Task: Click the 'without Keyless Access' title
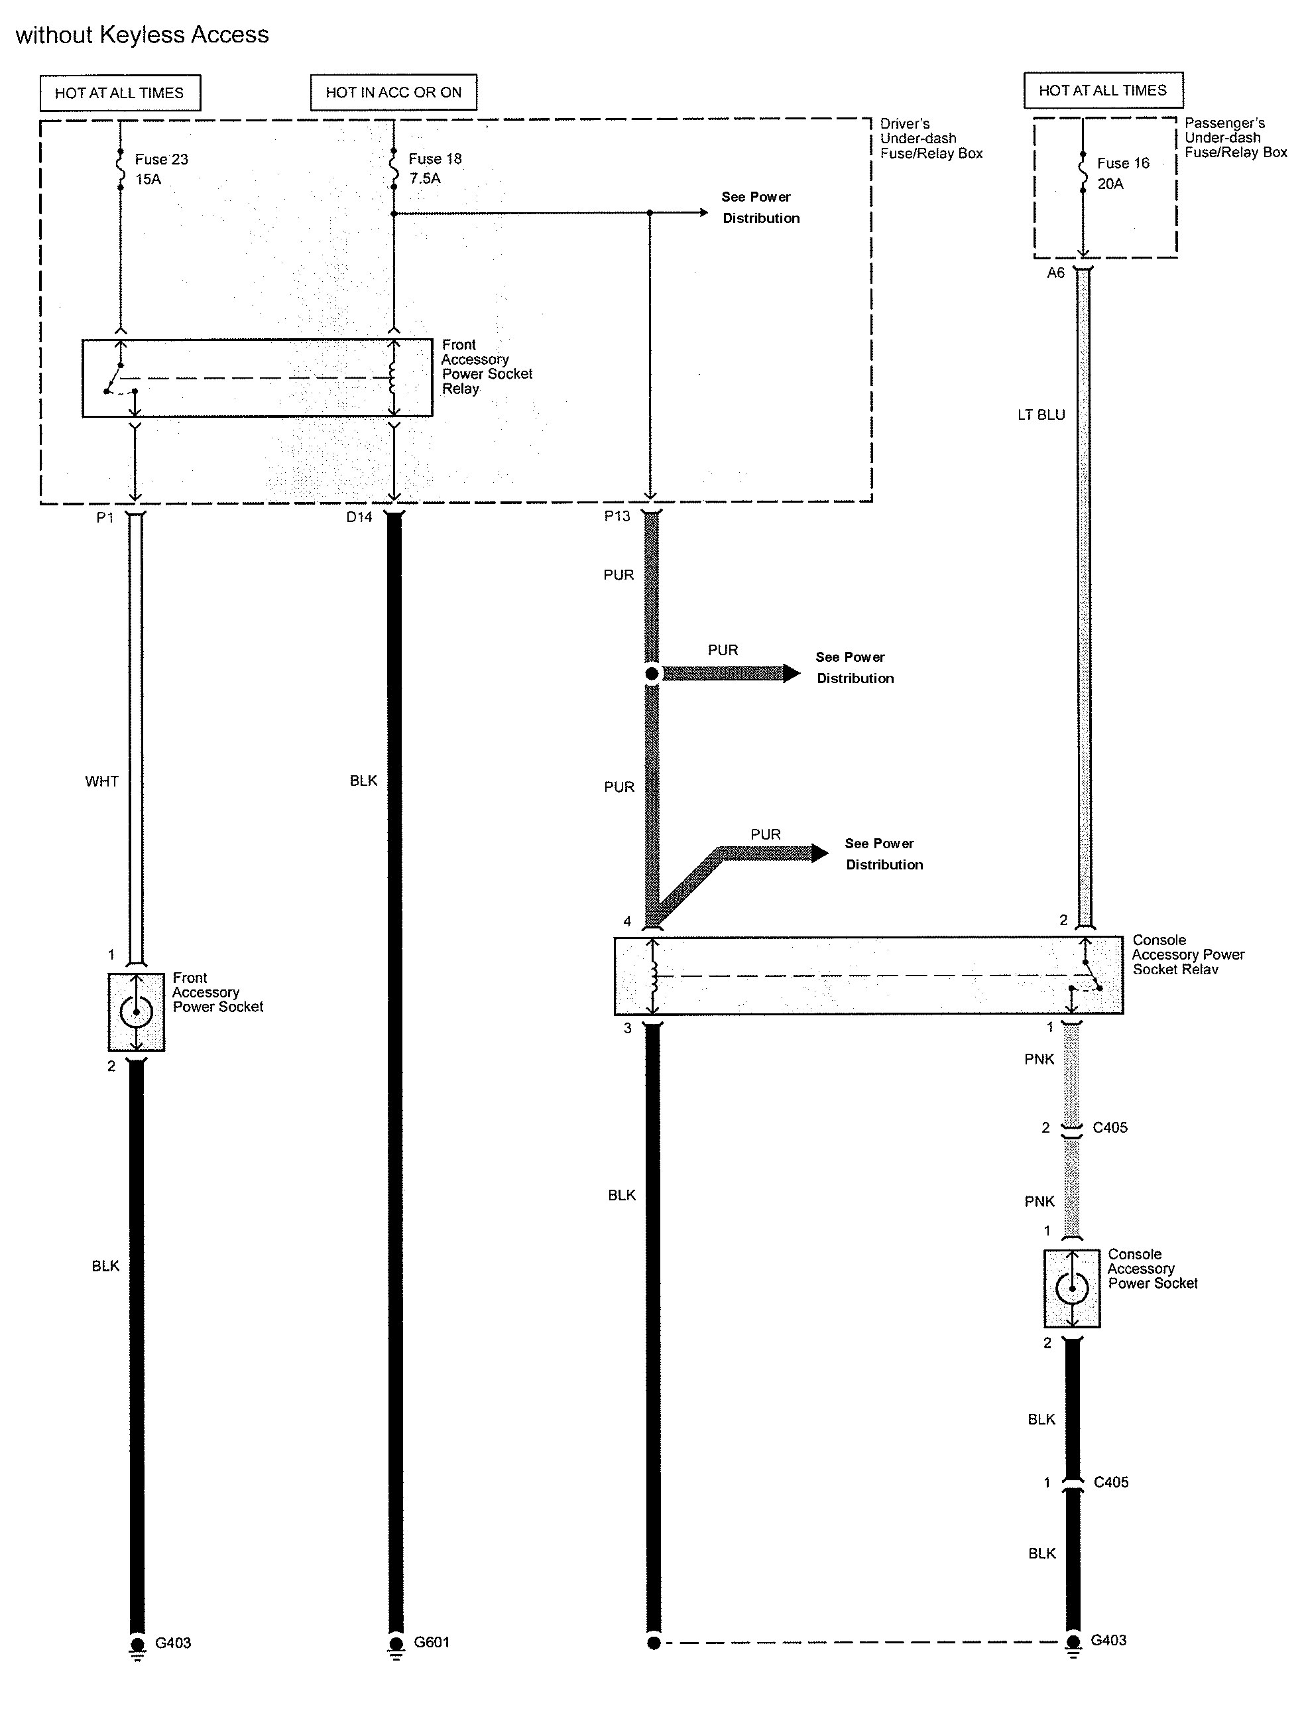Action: click(142, 35)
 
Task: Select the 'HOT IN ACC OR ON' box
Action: click(393, 92)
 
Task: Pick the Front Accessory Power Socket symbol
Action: click(137, 1011)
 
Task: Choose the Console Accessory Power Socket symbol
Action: click(1072, 1287)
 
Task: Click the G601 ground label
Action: click(432, 1641)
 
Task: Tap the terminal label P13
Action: click(617, 516)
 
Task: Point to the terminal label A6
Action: click(1055, 273)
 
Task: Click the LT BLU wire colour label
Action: click(1041, 414)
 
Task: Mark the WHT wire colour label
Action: click(101, 781)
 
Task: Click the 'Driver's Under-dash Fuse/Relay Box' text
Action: click(931, 139)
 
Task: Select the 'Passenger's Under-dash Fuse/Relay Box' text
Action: click(1235, 138)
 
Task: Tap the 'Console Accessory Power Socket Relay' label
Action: click(1187, 954)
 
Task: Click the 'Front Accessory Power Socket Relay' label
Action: click(487, 367)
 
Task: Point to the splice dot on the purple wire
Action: click(652, 674)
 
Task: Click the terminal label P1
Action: click(105, 517)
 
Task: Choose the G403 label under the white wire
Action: click(173, 1642)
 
